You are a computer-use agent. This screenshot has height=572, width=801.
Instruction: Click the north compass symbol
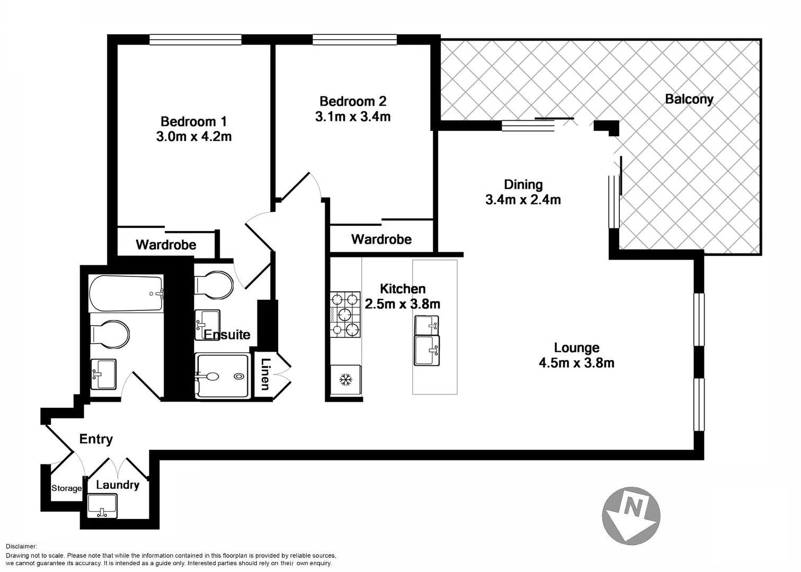click(x=631, y=516)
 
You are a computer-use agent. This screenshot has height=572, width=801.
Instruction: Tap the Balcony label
click(x=689, y=99)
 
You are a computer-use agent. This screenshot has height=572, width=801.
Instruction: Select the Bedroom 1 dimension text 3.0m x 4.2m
click(x=194, y=137)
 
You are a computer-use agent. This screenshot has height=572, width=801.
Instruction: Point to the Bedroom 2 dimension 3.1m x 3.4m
click(x=353, y=117)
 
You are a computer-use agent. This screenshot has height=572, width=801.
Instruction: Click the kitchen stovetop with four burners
click(x=345, y=315)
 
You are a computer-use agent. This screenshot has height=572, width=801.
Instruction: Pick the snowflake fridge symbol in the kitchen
click(x=345, y=379)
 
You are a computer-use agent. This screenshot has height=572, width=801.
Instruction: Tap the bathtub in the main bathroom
click(x=126, y=293)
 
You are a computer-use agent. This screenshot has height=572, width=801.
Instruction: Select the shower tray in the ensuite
click(x=222, y=376)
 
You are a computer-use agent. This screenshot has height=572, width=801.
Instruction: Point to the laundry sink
click(x=102, y=506)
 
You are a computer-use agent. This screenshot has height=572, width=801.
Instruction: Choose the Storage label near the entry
click(x=67, y=488)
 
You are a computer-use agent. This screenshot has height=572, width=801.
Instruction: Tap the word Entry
click(x=96, y=439)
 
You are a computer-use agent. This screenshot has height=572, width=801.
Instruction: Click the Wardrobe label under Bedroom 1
click(x=166, y=245)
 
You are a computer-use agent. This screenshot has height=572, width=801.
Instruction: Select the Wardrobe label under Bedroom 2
click(x=381, y=239)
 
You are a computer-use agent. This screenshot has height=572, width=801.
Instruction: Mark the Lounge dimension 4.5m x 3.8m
click(x=576, y=363)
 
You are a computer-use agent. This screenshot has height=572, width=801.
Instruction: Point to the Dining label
click(x=523, y=184)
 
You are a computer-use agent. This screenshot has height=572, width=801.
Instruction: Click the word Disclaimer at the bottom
click(x=21, y=546)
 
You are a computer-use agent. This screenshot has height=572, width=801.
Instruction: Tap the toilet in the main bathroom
click(x=111, y=335)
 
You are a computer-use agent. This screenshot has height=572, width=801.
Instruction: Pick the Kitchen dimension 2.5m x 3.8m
click(x=403, y=304)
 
